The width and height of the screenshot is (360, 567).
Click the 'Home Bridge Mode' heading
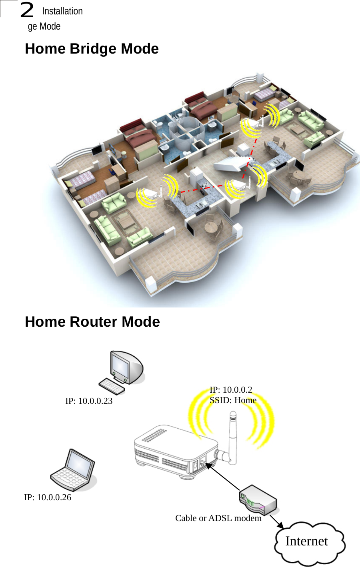92,49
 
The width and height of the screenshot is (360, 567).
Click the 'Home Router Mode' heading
92,322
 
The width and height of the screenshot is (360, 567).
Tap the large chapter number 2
27,10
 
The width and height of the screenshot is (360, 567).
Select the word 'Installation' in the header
62,11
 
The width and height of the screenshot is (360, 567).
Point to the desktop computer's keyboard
112,386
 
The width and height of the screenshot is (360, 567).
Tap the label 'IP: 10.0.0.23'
89,401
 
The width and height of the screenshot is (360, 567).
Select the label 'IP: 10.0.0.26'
48,497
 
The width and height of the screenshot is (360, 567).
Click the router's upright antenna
232,438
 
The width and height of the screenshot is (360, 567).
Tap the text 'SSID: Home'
233,400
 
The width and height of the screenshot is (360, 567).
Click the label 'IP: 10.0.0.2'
231,390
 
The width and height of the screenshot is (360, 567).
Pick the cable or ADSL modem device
258,500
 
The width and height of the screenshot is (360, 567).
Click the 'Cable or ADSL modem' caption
218,518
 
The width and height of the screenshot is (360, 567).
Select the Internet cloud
309,542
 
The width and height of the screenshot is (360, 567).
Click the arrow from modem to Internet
276,521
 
